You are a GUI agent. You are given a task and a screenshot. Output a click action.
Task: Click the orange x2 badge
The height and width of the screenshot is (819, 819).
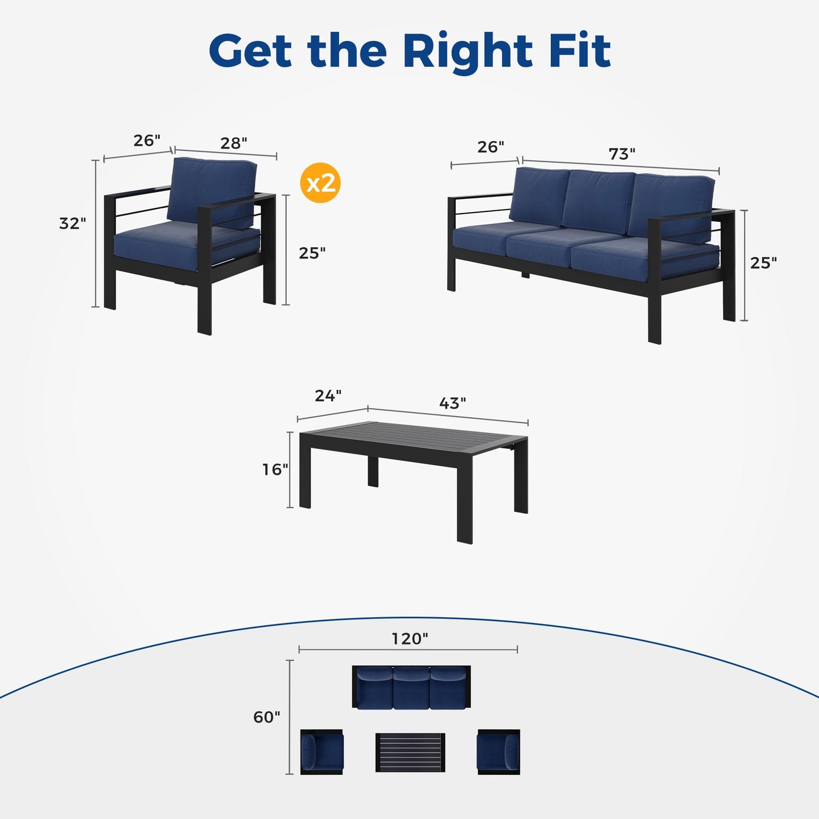[320, 183]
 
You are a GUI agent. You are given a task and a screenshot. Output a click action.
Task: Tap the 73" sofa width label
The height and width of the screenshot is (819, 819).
[622, 154]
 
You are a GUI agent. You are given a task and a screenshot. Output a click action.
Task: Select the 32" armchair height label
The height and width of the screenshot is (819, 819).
[72, 223]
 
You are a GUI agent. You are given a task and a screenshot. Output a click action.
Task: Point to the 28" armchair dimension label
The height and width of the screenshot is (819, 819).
[234, 143]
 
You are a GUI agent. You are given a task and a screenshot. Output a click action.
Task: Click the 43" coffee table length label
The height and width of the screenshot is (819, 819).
[452, 403]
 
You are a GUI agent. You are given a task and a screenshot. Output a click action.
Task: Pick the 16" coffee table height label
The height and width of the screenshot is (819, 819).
[275, 470]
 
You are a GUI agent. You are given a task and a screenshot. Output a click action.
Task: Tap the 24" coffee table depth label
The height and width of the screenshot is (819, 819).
[328, 396]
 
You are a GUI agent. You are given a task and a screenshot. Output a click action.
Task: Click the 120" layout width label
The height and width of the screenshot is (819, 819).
[409, 639]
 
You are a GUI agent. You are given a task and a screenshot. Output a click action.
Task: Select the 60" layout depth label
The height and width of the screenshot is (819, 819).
[266, 717]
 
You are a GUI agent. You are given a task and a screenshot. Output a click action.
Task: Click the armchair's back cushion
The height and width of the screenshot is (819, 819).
[212, 192]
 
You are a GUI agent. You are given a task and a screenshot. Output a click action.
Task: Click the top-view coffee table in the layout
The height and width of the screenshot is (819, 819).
[410, 752]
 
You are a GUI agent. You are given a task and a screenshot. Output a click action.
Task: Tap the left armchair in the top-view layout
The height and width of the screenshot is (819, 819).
[322, 752]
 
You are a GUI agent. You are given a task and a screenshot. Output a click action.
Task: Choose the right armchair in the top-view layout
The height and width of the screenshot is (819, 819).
[498, 752]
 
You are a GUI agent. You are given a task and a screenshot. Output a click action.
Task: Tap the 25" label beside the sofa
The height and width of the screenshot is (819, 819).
[763, 263]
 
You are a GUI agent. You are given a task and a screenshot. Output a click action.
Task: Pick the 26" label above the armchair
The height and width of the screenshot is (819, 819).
[147, 140]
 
